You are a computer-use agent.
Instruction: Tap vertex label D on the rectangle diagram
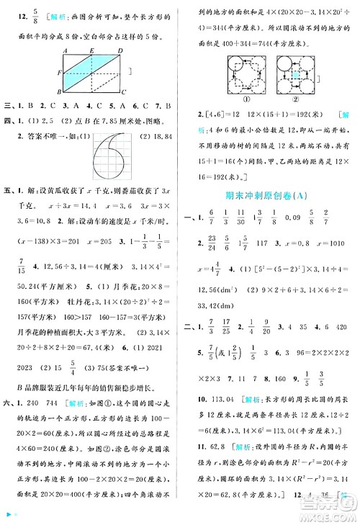click(123, 50)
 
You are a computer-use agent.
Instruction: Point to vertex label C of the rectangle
click(123, 93)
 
